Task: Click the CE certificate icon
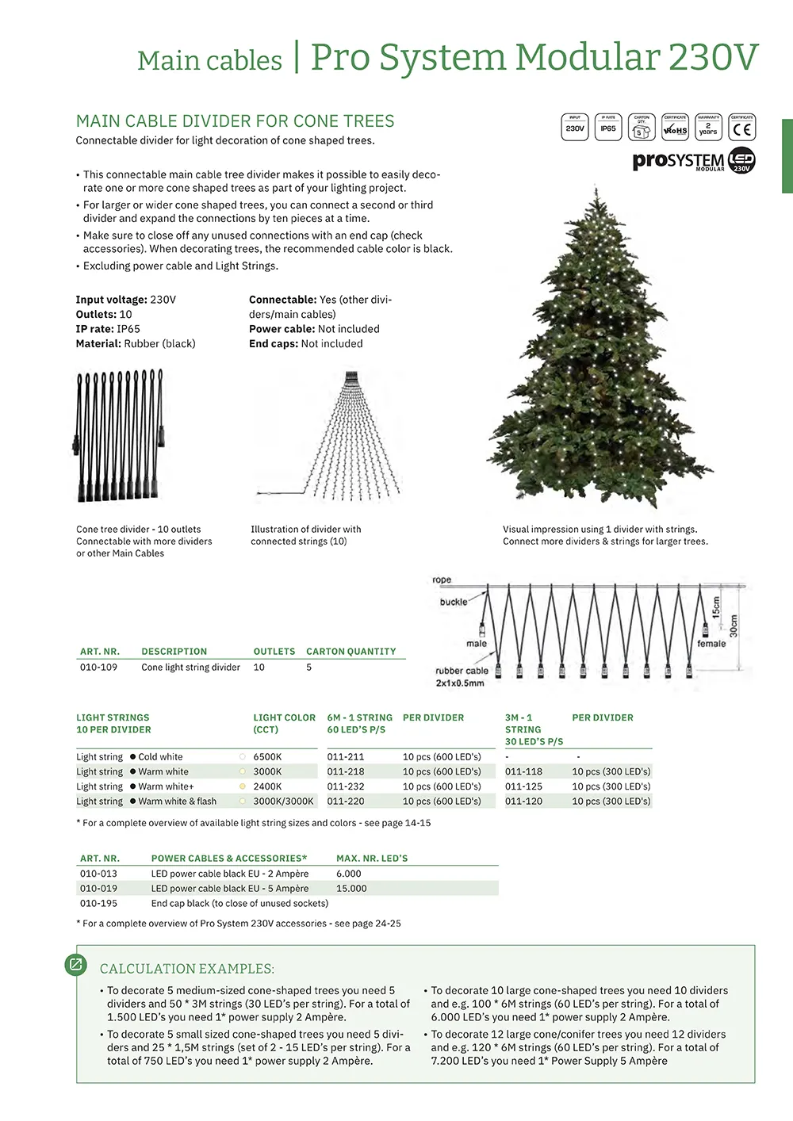point(742,128)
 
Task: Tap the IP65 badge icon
point(608,128)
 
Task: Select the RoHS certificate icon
point(675,128)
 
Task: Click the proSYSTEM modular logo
point(694,160)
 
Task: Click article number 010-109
point(98,668)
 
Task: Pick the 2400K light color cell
point(267,786)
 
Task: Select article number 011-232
point(346,786)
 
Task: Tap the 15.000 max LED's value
point(351,889)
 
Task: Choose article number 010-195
point(98,904)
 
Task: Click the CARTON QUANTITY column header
point(351,652)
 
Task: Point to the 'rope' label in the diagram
point(442,580)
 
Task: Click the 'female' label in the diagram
point(711,644)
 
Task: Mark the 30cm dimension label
point(734,626)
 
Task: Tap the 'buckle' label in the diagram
point(453,602)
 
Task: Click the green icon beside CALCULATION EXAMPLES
point(76,964)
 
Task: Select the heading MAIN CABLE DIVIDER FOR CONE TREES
point(235,121)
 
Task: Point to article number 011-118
point(523,771)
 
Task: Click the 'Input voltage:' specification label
point(111,300)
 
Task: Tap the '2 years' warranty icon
point(708,128)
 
